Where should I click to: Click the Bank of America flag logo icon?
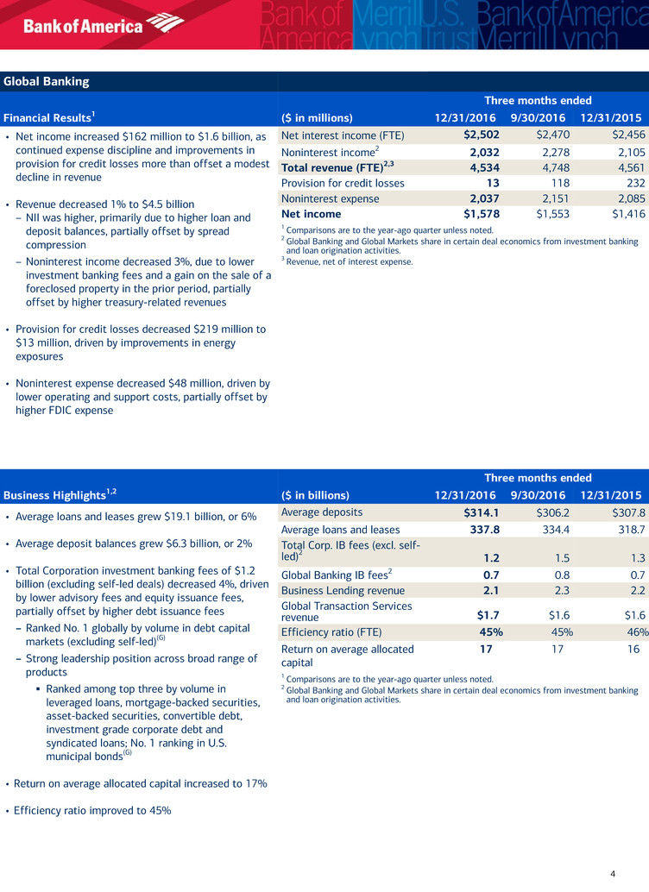[x=166, y=23]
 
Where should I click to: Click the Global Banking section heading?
[x=46, y=82]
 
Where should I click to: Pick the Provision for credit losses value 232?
[x=627, y=183]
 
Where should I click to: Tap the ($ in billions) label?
[x=316, y=495]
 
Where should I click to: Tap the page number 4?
[x=612, y=874]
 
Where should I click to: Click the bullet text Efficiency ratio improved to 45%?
[x=93, y=810]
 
